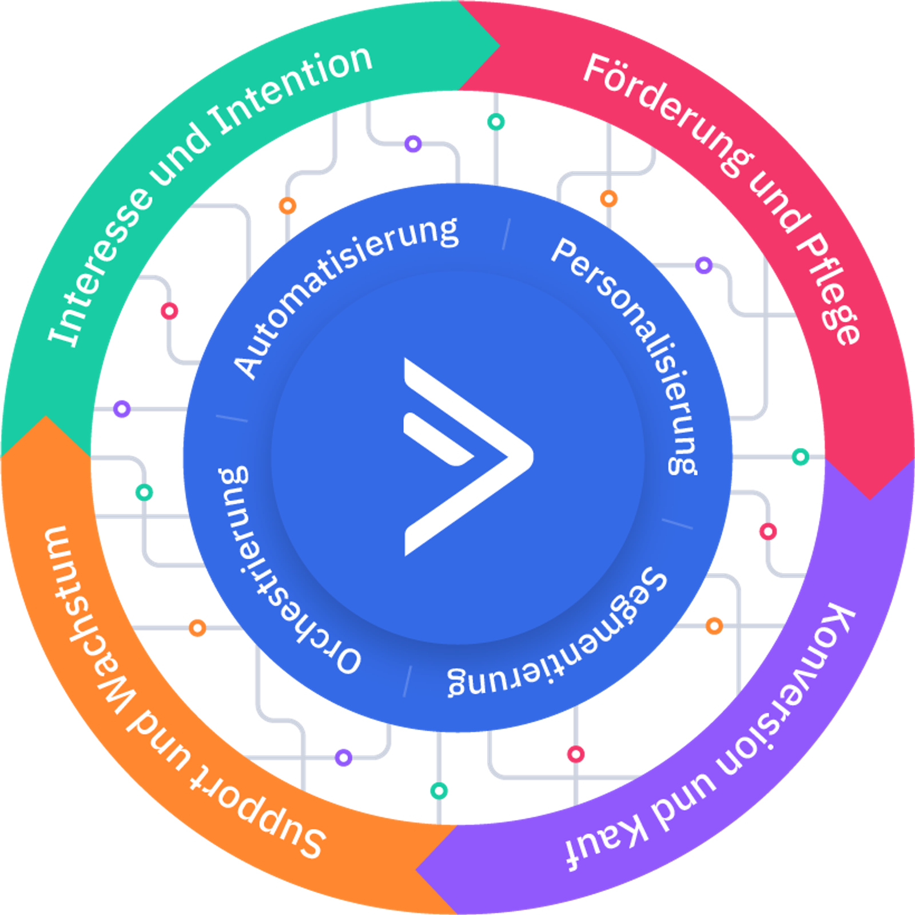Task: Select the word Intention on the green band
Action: pyautogui.click(x=292, y=91)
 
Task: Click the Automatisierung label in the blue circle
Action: pyautogui.click(x=343, y=292)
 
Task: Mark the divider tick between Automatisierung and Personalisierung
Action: pyautogui.click(x=506, y=234)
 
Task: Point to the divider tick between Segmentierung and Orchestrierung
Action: pyautogui.click(x=407, y=681)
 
